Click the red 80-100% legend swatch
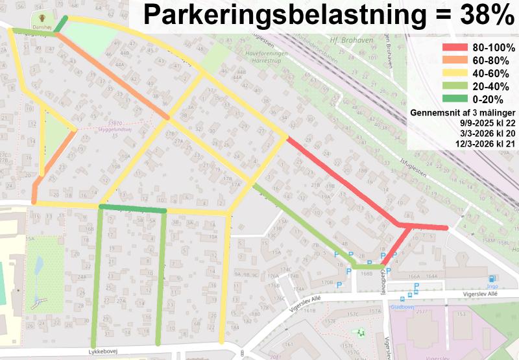[455, 47]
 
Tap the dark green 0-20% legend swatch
[455, 99]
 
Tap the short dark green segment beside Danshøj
[61, 25]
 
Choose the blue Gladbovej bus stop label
[403, 307]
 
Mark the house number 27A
[119, 300]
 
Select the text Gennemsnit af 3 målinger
[463, 112]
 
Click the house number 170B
[327, 282]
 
